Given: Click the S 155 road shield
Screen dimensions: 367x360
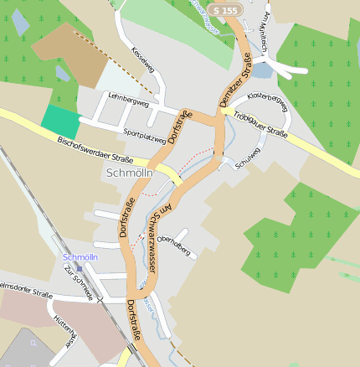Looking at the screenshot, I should [x=226, y=10].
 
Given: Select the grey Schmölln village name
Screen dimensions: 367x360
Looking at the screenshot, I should [x=131, y=172].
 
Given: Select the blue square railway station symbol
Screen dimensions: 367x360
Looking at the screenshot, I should [x=79, y=268].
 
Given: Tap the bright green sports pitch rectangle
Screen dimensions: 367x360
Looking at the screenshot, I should [x=58, y=121].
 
